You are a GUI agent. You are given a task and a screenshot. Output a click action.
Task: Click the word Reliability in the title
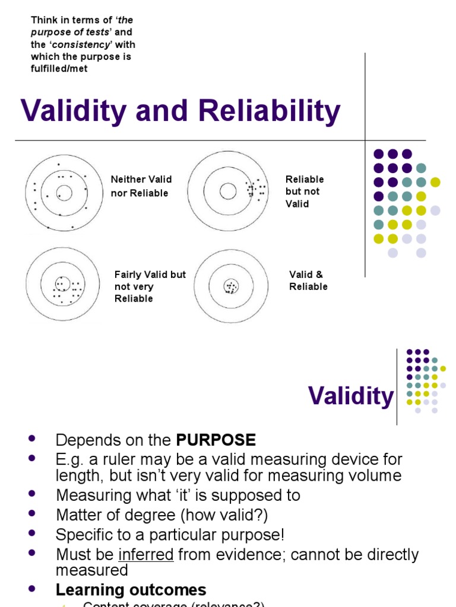[x=270, y=111]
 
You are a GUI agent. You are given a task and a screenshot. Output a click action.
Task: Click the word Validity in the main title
[x=74, y=111]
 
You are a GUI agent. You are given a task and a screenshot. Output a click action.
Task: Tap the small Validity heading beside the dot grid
[x=351, y=396]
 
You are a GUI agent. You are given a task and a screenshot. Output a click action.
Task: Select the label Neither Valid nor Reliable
[x=141, y=186]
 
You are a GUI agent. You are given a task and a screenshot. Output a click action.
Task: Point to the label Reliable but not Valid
[x=305, y=191]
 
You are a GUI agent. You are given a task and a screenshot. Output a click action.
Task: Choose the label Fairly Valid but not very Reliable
[x=150, y=286]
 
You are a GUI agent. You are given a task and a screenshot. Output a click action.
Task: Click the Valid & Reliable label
[x=308, y=280]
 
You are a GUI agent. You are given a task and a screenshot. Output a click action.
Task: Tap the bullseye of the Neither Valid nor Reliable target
[x=65, y=193]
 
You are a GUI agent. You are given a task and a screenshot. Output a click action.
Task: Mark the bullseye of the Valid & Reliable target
[x=231, y=287]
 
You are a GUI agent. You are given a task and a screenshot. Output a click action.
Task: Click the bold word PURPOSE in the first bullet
[x=216, y=440]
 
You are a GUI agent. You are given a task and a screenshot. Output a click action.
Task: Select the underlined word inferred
[x=146, y=555]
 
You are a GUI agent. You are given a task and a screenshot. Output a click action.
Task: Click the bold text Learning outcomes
[x=131, y=590]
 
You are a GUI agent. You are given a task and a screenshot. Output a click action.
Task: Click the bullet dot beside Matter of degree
[x=32, y=513]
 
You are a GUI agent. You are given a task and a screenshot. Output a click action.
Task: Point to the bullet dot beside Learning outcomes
[x=32, y=589]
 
